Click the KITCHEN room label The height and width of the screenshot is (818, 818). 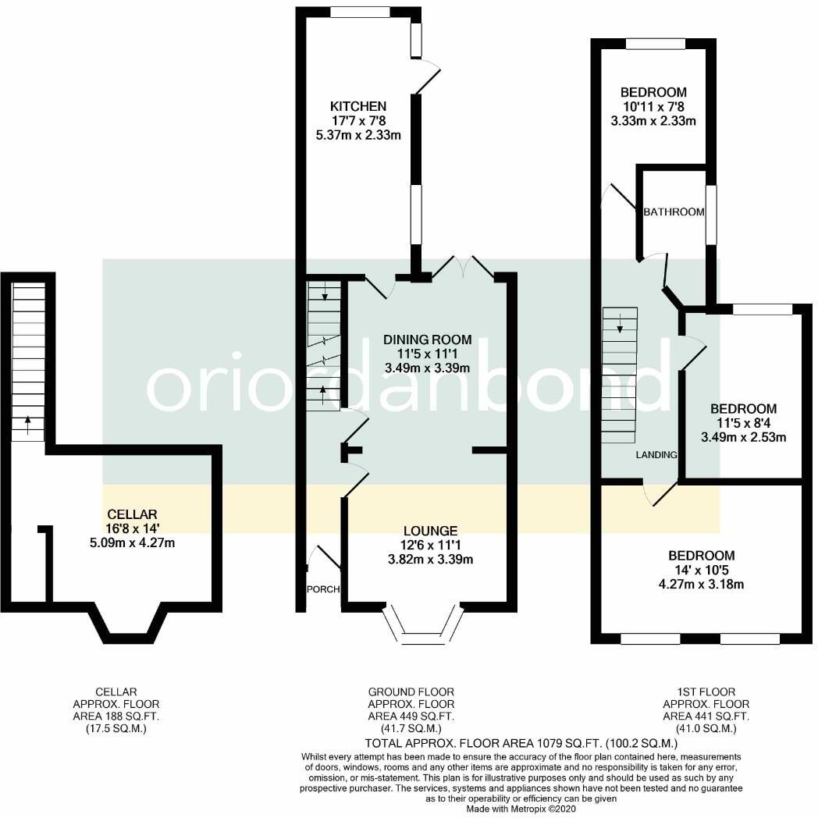[x=357, y=106]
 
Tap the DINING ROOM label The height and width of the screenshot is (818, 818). [x=427, y=340]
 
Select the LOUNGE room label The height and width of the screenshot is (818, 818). [x=426, y=531]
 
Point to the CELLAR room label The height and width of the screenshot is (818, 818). [x=133, y=514]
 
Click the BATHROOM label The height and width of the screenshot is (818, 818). [x=674, y=212]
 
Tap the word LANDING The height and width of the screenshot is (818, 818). [x=656, y=455]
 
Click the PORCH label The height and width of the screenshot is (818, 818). [x=322, y=589]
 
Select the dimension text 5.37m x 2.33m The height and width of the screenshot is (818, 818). [x=357, y=135]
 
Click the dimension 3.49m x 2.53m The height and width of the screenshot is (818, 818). [x=743, y=437]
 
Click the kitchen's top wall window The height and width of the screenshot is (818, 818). [x=360, y=12]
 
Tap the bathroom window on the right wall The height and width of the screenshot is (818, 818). [x=711, y=215]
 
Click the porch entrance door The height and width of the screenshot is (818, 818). [x=324, y=558]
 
